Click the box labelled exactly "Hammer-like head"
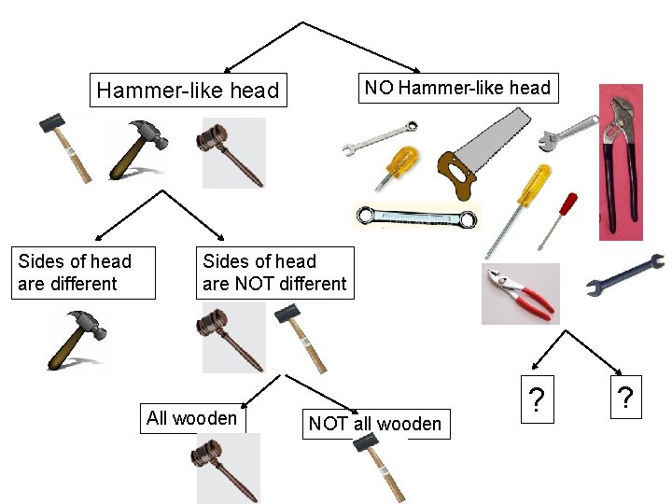(188, 91)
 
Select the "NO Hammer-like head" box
(457, 89)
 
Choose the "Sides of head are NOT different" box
(274, 273)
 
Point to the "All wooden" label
(191, 418)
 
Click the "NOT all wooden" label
(374, 424)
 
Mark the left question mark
(536, 399)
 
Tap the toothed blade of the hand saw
(494, 136)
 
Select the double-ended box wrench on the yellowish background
(416, 217)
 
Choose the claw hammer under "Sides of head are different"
(79, 340)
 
